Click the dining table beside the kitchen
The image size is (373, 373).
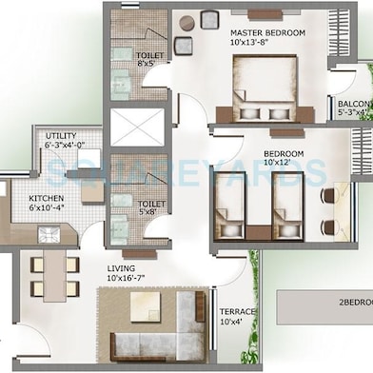[54, 274]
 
